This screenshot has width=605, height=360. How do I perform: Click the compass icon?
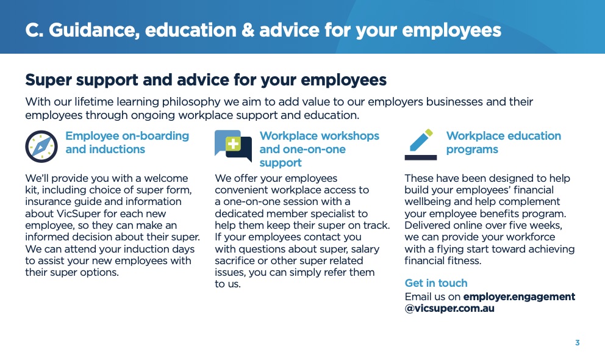(41, 146)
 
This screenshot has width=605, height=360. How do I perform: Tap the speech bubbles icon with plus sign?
(233, 145)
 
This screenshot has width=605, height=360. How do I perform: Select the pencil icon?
(421, 140)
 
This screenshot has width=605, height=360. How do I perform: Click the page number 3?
(577, 343)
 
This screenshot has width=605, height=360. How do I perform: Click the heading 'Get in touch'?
(436, 283)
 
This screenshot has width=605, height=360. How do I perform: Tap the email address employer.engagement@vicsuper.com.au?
(490, 303)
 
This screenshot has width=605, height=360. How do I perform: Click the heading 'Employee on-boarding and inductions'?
(127, 142)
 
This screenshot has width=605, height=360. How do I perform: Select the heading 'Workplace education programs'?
(504, 142)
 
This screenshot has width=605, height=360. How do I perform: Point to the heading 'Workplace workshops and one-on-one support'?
(320, 149)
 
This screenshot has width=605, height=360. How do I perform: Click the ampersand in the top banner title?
(248, 31)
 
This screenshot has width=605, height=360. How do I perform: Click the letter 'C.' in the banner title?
(34, 31)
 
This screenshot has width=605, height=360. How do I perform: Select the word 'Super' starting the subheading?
(49, 81)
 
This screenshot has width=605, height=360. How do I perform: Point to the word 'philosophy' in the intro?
(191, 102)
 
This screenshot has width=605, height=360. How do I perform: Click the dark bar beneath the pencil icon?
(421, 157)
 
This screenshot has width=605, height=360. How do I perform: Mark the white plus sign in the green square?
(233, 144)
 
